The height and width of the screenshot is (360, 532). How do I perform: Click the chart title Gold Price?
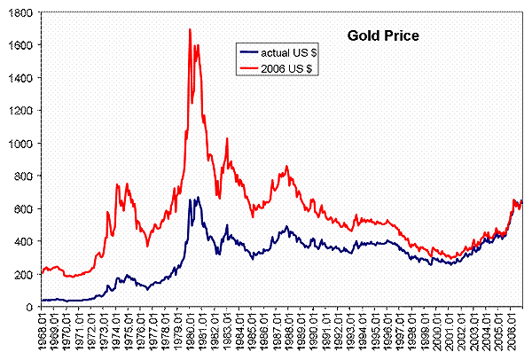coord(382,36)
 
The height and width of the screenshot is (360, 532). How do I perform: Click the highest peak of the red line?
coord(191,29)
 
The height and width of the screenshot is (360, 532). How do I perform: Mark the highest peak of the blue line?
coord(197,198)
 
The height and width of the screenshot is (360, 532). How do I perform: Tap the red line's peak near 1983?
coord(228,139)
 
